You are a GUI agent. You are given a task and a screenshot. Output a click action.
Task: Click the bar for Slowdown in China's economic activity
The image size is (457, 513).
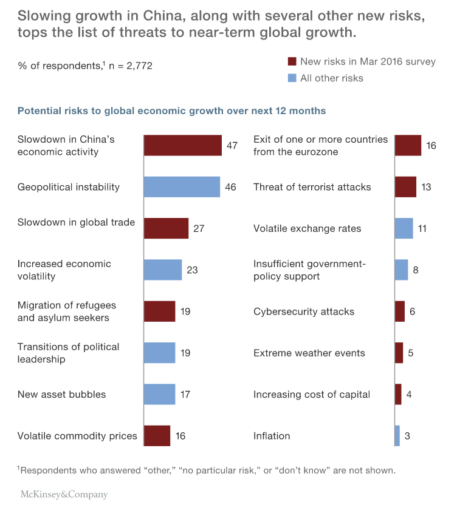tap(182, 146)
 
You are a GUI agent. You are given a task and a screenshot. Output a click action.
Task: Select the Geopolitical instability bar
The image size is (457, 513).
tap(182, 187)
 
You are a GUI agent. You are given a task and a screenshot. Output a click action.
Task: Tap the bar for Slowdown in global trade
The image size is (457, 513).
tap(166, 228)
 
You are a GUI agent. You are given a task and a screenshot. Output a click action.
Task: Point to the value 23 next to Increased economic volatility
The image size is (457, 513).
tap(192, 270)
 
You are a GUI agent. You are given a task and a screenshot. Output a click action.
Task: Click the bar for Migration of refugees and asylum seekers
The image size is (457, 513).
tap(159, 311)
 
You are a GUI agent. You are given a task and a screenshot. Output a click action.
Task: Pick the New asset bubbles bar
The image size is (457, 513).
tap(159, 394)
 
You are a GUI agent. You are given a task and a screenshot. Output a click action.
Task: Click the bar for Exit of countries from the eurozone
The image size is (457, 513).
tap(408, 146)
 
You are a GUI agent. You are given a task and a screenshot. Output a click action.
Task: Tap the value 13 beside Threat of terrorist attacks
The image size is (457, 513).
tap(426, 187)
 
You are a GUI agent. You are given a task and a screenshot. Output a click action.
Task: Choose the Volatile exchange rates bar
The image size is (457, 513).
tap(404, 228)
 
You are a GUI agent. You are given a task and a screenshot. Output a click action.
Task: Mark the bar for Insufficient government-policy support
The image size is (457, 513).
tap(401, 270)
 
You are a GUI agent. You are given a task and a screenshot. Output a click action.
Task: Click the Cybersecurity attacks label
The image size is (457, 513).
tap(304, 311)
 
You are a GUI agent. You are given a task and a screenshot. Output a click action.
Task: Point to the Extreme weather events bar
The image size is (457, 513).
tap(399, 353)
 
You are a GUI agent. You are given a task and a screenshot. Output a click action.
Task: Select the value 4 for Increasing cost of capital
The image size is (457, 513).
tap(409, 394)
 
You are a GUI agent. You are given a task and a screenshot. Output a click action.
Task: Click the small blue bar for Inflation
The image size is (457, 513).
tap(397, 436)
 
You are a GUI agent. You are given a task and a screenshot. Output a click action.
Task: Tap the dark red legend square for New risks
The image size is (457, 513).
tap(292, 62)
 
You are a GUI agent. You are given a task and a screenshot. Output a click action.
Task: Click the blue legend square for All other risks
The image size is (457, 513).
tap(292, 78)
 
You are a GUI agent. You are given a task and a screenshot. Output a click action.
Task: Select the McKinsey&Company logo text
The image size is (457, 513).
tap(64, 494)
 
